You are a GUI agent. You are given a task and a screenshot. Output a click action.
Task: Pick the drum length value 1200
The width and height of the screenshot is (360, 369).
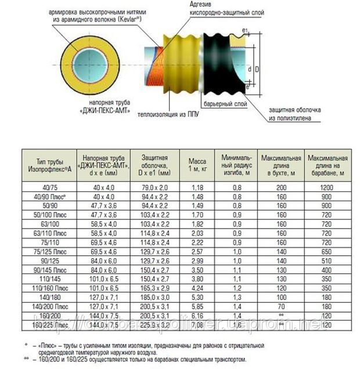pyautogui.click(x=327, y=187)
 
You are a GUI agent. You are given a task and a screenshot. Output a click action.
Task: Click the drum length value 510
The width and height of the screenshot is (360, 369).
pyautogui.click(x=327, y=262)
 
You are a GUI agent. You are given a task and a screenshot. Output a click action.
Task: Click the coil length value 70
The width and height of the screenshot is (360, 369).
pyautogui.click(x=282, y=307)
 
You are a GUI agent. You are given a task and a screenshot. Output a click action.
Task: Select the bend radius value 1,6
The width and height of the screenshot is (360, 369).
pyautogui.click(x=237, y=325)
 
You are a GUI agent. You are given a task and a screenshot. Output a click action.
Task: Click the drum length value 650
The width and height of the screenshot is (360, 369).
pyautogui.click(x=327, y=252)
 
